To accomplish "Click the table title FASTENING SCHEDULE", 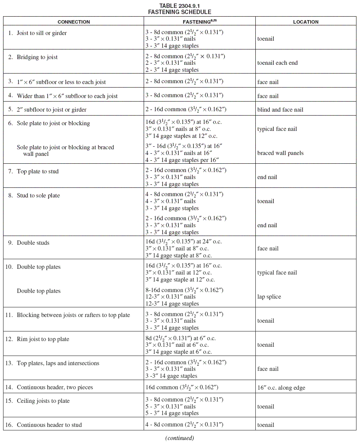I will point(180,12).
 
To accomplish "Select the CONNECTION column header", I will point(74,22).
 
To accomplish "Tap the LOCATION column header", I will point(306,22).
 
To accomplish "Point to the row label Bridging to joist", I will point(37,57).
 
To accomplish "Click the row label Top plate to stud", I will point(38,171).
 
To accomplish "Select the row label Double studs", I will point(33,243).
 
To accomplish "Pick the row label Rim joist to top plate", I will point(43,339).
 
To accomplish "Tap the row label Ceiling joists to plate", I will point(43,401).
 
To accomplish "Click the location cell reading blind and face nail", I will point(280,110).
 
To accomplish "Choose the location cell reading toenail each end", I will point(277,63).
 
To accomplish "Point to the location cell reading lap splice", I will point(269,297).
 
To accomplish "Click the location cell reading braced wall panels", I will point(280,153).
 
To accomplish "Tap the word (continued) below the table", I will point(180,438).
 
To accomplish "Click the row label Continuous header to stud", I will point(49,425).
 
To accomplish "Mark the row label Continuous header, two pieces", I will point(55,388).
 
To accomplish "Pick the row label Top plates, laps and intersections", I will point(58,363).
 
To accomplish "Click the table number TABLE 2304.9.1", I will point(180,6).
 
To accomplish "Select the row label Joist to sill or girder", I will point(42,33).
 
